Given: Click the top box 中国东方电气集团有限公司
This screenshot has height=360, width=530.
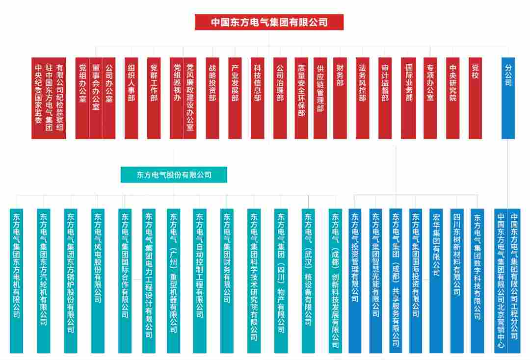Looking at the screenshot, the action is pyautogui.click(x=269, y=22).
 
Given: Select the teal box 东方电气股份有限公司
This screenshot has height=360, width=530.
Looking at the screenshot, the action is pyautogui.click(x=174, y=175).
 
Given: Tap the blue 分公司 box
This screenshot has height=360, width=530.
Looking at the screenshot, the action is pyautogui.click(x=508, y=98).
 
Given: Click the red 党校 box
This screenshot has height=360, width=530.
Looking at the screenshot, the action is pyautogui.click(x=475, y=98).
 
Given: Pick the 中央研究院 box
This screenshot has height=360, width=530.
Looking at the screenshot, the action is pyautogui.click(x=452, y=98).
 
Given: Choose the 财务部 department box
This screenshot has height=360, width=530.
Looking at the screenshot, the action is pyautogui.click(x=340, y=98).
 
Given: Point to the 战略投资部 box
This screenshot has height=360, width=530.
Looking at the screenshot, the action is pyautogui.click(x=212, y=98).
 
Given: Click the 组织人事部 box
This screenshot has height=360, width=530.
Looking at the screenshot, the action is pyautogui.click(x=131, y=98).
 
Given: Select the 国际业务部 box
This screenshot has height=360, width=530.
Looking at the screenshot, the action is pyautogui.click(x=408, y=98).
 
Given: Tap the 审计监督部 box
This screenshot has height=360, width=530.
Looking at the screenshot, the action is pyautogui.click(x=385, y=98).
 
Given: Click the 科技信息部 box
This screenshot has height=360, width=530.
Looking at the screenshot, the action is pyautogui.click(x=257, y=98).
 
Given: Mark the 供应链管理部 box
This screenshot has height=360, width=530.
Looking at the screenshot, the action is pyautogui.click(x=320, y=98).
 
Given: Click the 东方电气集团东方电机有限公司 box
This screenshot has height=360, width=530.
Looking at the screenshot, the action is pyautogui.click(x=16, y=281).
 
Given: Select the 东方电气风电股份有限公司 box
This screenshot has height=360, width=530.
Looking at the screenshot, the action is pyautogui.click(x=98, y=281).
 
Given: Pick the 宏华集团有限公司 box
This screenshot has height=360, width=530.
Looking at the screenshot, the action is pyautogui.click(x=436, y=281).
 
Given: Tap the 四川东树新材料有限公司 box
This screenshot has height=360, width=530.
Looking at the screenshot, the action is pyautogui.click(x=457, y=281).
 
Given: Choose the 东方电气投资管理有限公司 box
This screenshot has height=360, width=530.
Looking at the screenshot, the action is pyautogui.click(x=355, y=281).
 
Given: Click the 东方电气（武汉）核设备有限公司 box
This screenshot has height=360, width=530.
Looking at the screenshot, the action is pyautogui.click(x=308, y=281).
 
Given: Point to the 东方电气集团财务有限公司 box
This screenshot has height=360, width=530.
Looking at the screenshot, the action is pyautogui.click(x=226, y=281).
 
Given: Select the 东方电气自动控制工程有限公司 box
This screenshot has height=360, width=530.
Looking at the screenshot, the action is pyautogui.click(x=199, y=281).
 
